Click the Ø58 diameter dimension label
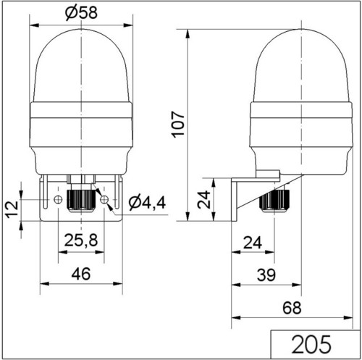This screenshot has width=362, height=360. pyautogui.click(x=81, y=12)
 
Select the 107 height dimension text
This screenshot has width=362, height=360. pyautogui.click(x=178, y=125)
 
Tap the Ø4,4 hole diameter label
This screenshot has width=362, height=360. pyautogui.click(x=147, y=203)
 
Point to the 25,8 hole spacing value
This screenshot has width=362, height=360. pyautogui.click(x=81, y=240)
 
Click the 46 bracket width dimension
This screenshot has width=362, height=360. pyautogui.click(x=81, y=274)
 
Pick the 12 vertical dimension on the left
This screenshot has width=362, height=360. pyautogui.click(x=12, y=209)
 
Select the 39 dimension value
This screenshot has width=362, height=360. pyautogui.click(x=266, y=275)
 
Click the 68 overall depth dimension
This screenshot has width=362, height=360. pyautogui.click(x=292, y=308)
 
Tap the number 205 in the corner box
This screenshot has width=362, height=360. pyautogui.click(x=311, y=344)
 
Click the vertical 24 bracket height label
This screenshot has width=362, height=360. pyautogui.click(x=203, y=199)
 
